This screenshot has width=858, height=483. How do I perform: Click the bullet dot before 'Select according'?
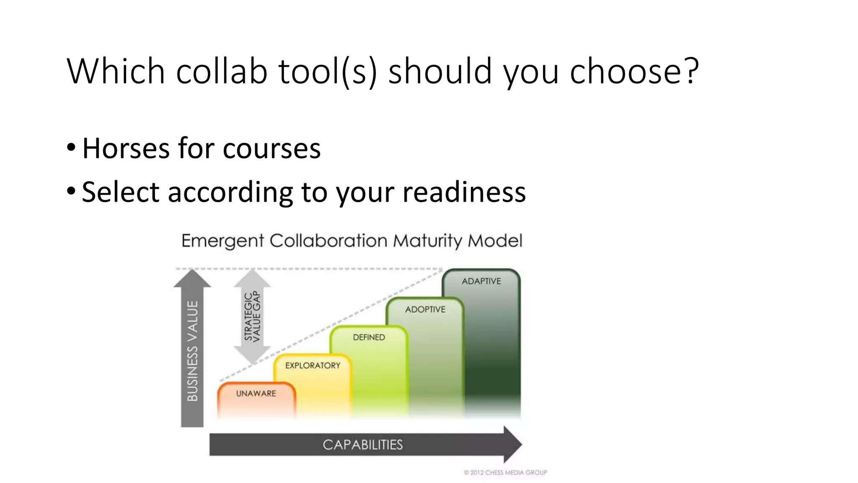click(71, 191)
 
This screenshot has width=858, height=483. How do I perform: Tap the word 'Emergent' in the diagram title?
click(222, 241)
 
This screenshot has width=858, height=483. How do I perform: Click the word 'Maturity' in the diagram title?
click(427, 241)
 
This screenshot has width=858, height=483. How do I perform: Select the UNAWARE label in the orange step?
click(256, 393)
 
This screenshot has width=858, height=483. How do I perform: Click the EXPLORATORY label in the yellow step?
click(313, 365)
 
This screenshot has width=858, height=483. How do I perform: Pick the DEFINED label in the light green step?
click(369, 337)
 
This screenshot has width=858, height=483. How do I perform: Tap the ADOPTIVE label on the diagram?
click(425, 309)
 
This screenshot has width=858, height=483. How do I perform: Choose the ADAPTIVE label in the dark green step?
click(481, 281)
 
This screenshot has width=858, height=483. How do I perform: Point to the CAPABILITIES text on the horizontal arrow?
click(362, 444)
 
